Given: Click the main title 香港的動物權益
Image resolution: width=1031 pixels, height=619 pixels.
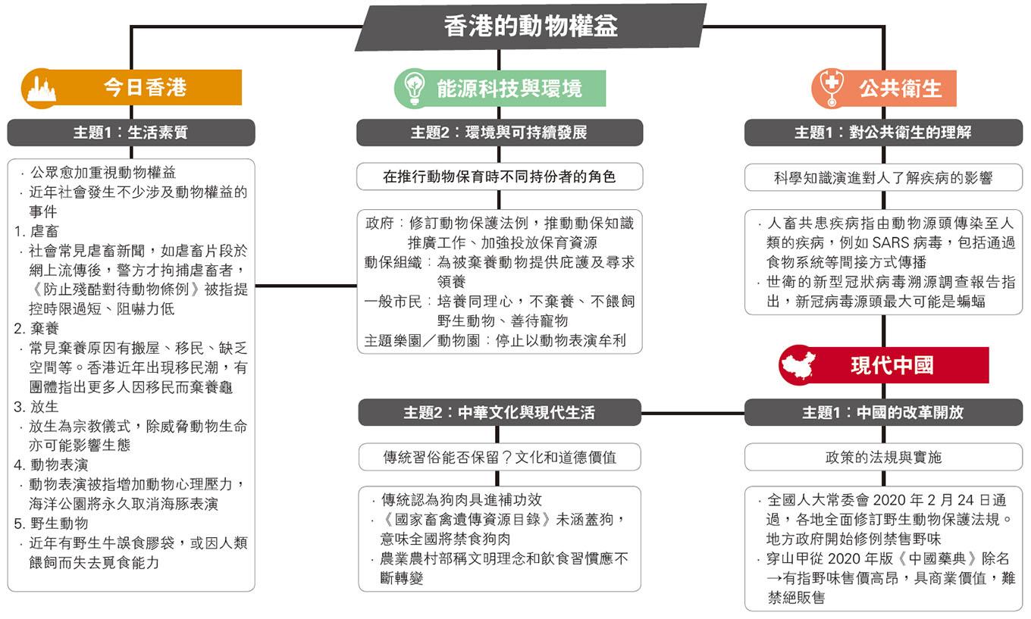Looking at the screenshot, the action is [x=531, y=26].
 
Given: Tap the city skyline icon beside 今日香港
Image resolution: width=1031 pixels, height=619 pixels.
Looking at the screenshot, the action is [x=42, y=89].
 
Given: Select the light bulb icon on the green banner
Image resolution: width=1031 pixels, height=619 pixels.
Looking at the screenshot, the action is [x=414, y=88].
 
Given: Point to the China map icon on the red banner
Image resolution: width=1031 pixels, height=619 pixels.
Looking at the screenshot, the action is [x=799, y=364].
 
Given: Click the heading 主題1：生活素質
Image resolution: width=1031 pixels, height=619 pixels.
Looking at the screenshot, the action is [x=130, y=133].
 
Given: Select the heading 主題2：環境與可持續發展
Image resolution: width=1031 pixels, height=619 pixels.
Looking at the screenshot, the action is [x=500, y=133].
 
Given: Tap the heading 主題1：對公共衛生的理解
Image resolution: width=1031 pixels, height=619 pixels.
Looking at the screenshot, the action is [x=883, y=133].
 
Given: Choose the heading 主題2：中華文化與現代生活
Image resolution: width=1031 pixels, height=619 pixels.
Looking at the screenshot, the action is [x=500, y=412].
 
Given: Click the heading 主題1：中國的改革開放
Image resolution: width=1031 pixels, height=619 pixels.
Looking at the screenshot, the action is [x=883, y=412].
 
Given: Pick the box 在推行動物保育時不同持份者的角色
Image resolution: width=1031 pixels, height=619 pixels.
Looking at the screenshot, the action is [x=500, y=177].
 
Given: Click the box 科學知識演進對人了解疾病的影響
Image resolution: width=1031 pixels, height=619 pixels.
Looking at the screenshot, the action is [x=883, y=177].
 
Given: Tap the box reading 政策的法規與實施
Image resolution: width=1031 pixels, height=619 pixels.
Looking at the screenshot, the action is [x=883, y=457].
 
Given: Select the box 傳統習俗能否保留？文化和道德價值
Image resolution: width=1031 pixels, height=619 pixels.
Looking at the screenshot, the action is [x=500, y=457].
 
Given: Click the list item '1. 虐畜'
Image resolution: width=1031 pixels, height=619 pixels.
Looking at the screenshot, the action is [x=36, y=231].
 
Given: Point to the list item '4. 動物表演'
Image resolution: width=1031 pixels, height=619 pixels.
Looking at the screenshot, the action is [x=51, y=465].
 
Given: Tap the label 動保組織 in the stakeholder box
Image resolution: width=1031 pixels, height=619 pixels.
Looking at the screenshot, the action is [x=393, y=263].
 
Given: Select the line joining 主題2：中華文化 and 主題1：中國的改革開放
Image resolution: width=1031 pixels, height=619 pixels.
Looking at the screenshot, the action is [x=693, y=413].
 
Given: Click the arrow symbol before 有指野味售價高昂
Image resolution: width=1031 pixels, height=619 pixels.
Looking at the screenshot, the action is [x=774, y=578].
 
